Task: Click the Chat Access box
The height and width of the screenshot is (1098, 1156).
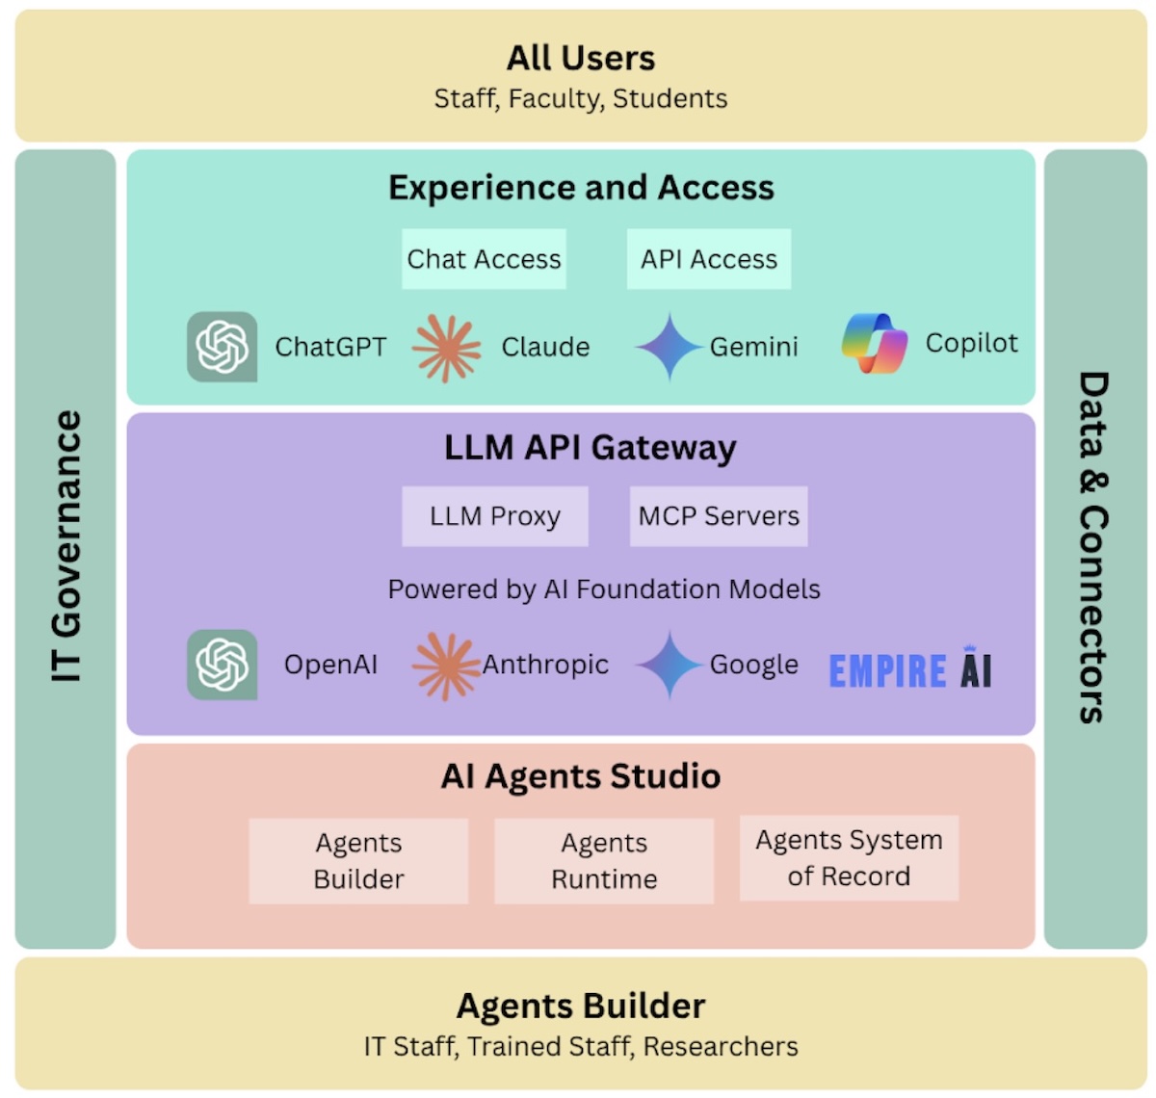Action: click(484, 259)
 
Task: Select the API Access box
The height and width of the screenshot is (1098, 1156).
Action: click(709, 259)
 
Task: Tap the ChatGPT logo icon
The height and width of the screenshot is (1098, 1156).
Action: click(223, 347)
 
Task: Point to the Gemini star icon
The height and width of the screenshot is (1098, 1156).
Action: click(669, 347)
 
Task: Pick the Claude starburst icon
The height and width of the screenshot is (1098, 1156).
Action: click(446, 348)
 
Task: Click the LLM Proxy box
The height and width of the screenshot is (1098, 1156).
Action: click(495, 516)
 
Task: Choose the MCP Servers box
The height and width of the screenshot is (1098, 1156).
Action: click(719, 516)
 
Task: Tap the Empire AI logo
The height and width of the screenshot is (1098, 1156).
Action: click(910, 669)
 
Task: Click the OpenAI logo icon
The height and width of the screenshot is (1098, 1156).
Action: click(223, 665)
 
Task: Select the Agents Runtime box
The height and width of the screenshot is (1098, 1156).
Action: click(604, 861)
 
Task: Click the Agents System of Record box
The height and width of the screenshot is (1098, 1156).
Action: click(849, 858)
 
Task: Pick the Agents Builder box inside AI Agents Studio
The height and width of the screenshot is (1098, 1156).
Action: click(358, 861)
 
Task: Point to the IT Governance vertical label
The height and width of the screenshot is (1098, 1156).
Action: click(66, 547)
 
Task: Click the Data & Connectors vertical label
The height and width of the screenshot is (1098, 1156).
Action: click(1094, 547)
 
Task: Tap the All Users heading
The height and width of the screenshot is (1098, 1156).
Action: click(581, 59)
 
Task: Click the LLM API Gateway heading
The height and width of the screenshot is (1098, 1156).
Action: click(590, 448)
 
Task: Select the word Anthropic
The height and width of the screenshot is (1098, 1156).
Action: click(545, 665)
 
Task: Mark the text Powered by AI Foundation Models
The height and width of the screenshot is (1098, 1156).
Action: click(604, 589)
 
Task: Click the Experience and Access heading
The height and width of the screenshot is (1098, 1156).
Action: click(581, 188)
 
